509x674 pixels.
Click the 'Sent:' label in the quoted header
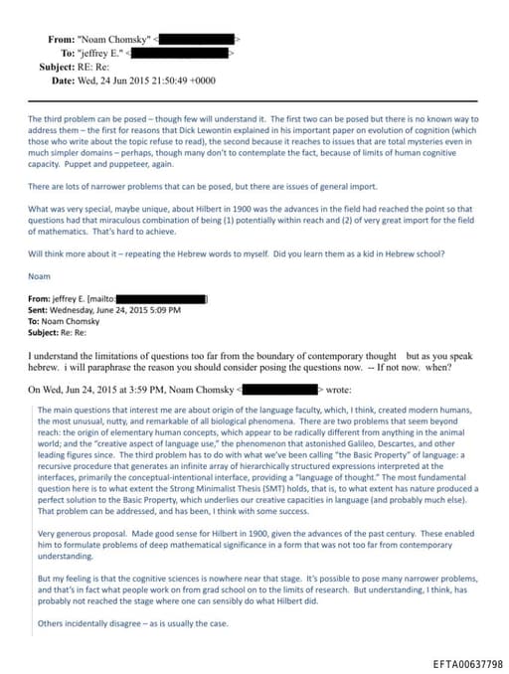click(x=40, y=309)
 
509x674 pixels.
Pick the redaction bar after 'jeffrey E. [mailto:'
click(x=160, y=298)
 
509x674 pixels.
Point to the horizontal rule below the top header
click(x=254, y=101)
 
